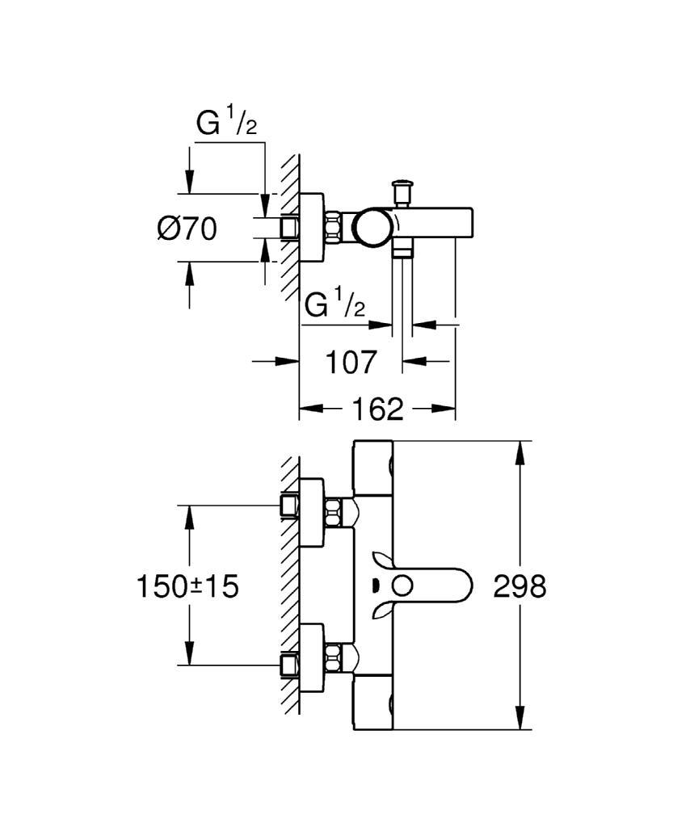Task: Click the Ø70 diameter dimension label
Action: pos(187,229)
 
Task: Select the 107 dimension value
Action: pos(351,362)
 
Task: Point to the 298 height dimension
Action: pos(519,586)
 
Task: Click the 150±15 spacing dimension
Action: pos(187,586)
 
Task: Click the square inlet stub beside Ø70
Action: pos(288,227)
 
